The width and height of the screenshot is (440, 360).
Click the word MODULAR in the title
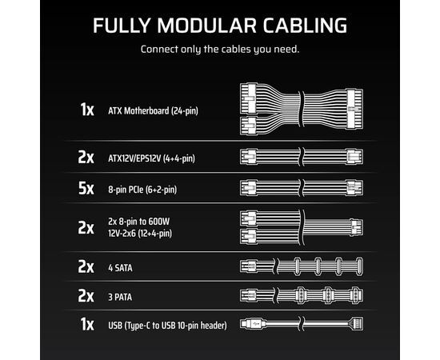point(206,26)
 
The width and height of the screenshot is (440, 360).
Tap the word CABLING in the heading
point(305,26)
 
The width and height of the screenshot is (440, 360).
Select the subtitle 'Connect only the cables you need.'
point(220,50)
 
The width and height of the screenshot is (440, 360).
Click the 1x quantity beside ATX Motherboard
point(87,110)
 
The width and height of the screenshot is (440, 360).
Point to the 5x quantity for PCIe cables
point(86,188)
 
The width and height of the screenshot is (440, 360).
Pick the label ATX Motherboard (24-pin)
point(154,111)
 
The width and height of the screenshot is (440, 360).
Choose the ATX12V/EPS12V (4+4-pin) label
point(151,158)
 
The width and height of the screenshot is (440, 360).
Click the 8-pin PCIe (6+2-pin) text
point(142,190)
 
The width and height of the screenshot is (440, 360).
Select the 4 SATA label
point(120,268)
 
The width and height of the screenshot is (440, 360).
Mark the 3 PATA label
point(120,297)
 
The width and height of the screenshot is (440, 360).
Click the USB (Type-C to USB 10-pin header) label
point(167,326)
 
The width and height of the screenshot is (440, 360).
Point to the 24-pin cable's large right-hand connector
point(354,109)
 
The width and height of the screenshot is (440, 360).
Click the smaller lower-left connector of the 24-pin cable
point(249,126)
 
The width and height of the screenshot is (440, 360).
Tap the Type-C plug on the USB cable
point(253,324)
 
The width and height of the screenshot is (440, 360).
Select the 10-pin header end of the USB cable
point(356,324)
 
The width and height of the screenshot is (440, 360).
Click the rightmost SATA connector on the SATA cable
point(359,266)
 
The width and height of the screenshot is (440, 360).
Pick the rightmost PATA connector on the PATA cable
point(357,295)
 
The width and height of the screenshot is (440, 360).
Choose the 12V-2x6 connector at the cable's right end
point(357,227)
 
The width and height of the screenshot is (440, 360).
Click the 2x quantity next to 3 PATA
point(86,296)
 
